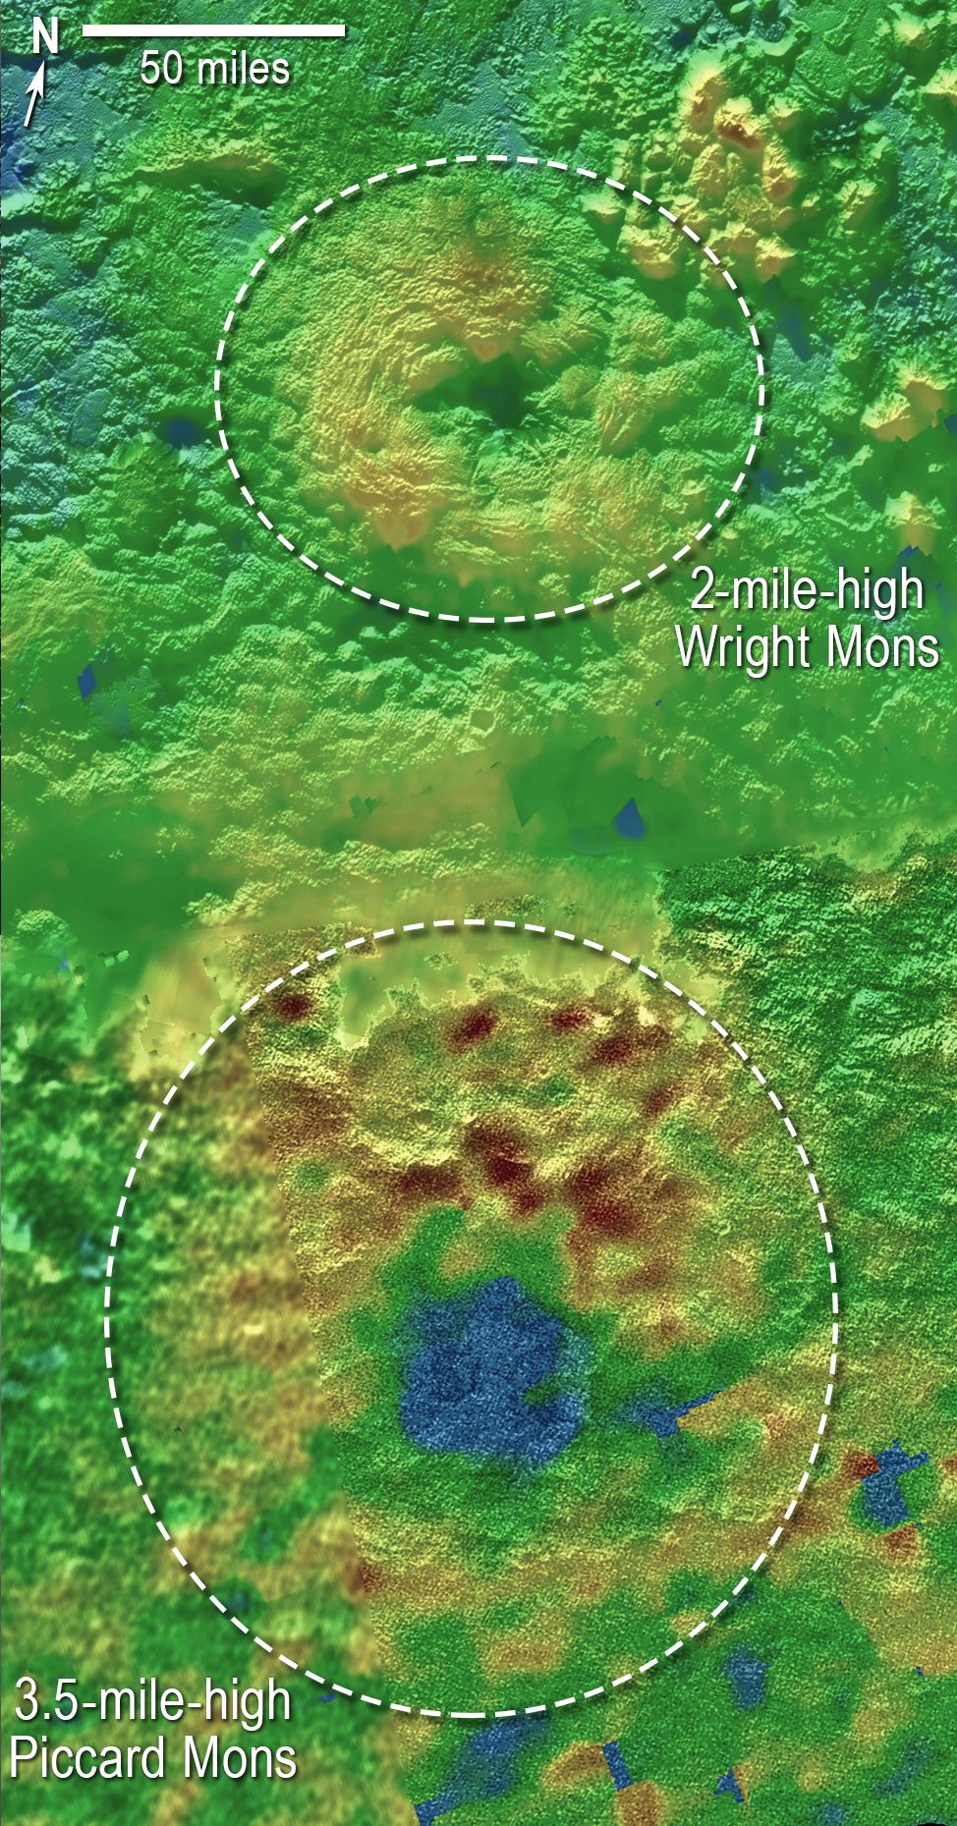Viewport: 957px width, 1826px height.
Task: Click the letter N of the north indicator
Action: click(45, 36)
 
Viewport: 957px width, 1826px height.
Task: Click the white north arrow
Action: click(34, 97)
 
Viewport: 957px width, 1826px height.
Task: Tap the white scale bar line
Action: click(213, 31)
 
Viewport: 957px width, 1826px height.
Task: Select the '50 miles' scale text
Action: click(214, 69)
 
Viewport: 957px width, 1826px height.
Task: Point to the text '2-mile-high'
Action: click(807, 591)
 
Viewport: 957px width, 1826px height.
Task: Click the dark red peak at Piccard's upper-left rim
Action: click(291, 1006)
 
